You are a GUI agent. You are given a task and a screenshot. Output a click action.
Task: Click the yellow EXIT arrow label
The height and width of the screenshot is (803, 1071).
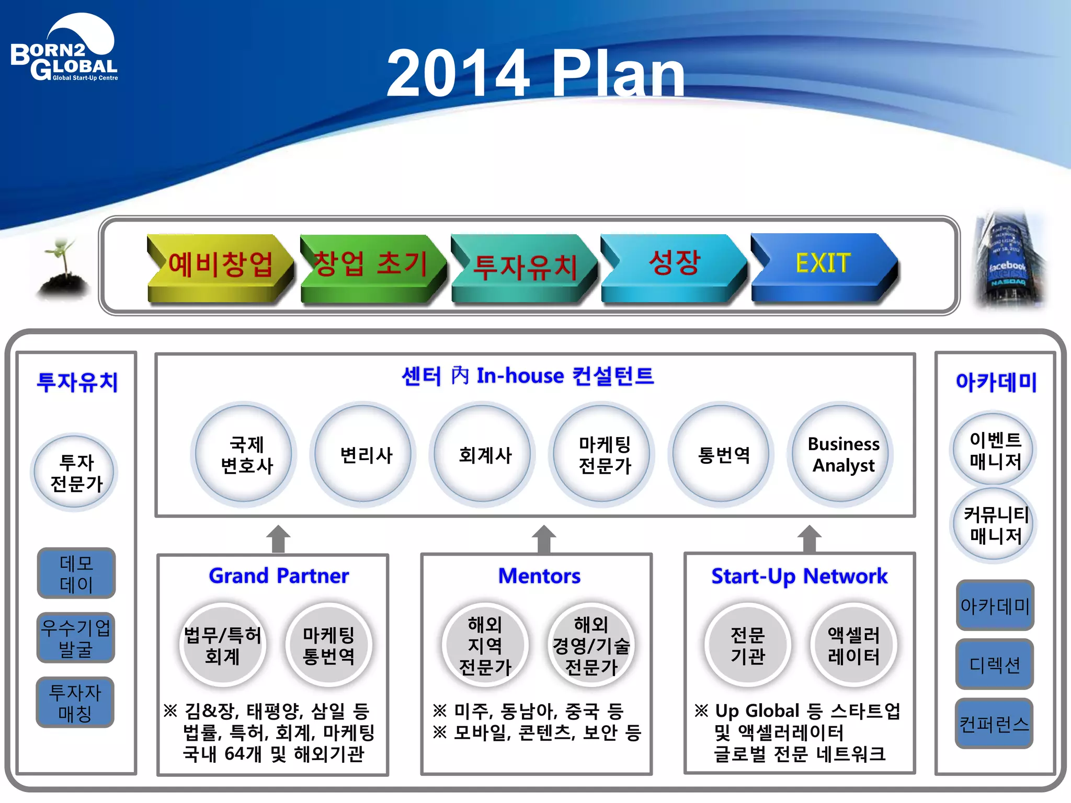click(x=823, y=263)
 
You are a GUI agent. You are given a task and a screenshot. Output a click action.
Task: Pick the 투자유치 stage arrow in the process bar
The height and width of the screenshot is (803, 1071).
click(x=525, y=266)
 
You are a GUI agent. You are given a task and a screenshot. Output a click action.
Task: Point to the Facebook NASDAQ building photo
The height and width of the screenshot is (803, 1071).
click(x=1009, y=260)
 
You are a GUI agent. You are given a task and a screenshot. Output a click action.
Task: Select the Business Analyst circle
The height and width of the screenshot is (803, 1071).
click(x=842, y=454)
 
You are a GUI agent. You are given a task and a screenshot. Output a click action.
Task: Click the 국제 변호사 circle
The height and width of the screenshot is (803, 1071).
click(x=246, y=454)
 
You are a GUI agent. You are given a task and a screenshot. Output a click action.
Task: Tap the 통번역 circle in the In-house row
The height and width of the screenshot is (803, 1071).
click(x=723, y=454)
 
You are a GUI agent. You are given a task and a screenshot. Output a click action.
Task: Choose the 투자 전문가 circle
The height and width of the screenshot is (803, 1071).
click(x=76, y=473)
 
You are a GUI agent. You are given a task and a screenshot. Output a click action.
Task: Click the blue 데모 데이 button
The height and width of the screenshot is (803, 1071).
click(x=76, y=573)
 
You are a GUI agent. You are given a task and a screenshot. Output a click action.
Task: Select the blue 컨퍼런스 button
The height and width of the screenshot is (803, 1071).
click(x=994, y=724)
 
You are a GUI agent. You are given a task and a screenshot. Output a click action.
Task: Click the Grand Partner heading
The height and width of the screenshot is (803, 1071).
click(x=278, y=576)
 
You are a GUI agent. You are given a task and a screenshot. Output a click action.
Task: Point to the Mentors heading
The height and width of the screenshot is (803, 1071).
click(x=539, y=576)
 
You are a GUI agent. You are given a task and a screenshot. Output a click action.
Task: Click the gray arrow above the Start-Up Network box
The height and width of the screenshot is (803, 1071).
click(x=810, y=539)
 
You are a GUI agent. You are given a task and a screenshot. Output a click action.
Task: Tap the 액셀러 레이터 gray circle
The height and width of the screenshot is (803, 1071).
click(x=853, y=645)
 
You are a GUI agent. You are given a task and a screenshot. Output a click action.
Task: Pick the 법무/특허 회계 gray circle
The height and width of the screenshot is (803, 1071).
click(x=223, y=645)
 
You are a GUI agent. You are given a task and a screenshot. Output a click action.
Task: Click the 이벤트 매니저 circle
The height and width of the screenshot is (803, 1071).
click(x=995, y=450)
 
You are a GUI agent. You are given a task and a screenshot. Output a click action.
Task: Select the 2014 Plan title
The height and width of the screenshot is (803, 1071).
click(x=535, y=73)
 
